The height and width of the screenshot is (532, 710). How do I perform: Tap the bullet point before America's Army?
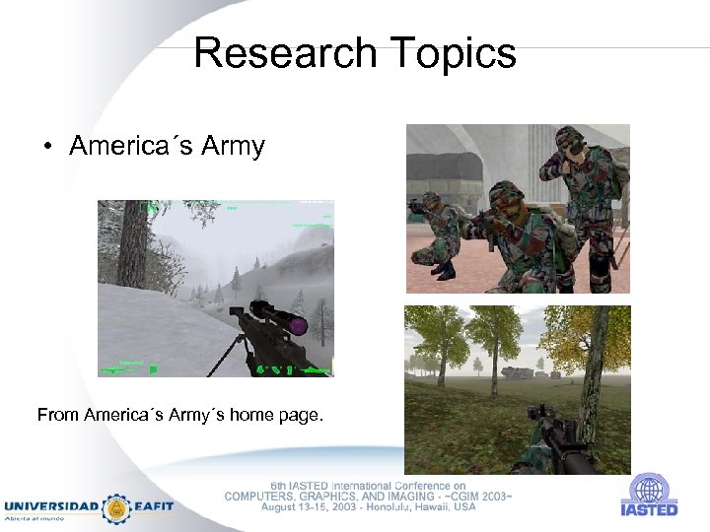(x=46, y=149)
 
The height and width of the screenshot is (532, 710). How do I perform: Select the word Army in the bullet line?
(x=233, y=147)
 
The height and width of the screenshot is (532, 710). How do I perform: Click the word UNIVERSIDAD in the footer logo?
(x=50, y=506)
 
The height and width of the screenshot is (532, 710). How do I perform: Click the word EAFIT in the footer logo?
(x=153, y=506)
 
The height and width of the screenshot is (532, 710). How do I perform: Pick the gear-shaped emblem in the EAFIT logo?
(x=116, y=508)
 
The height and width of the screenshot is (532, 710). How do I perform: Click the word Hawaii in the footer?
(x=426, y=507)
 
